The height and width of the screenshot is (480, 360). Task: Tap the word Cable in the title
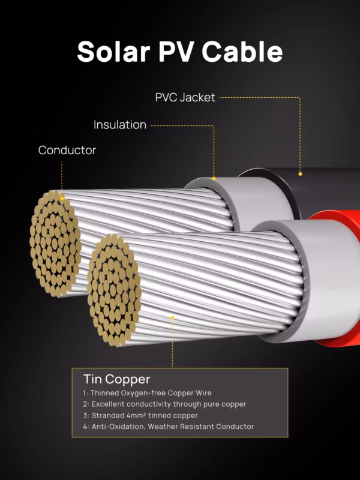(242, 51)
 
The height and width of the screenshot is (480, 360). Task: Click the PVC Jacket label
(185, 97)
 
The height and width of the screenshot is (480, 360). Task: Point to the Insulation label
(120, 125)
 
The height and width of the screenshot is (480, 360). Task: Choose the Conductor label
(67, 151)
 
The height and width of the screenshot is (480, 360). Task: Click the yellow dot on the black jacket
(301, 174)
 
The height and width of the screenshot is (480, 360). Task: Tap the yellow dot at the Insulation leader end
(214, 178)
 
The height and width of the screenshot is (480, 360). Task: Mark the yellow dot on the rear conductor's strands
(62, 199)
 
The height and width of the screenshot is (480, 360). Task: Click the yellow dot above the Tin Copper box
(172, 318)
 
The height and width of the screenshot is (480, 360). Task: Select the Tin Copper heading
(116, 379)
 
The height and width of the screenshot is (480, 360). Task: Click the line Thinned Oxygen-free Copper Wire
(147, 393)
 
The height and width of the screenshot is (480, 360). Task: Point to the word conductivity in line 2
(148, 404)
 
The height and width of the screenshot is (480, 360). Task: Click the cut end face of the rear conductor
(55, 244)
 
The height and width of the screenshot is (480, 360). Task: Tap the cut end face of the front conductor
(114, 290)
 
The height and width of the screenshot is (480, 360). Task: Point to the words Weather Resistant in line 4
(181, 427)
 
